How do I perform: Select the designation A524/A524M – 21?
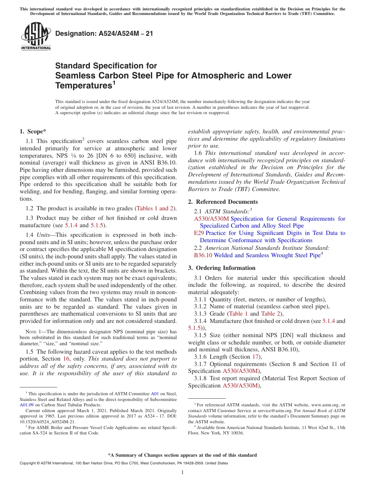[104, 34]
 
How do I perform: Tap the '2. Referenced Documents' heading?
[223, 202]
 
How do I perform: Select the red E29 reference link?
[199, 233]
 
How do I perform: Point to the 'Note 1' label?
[33, 332]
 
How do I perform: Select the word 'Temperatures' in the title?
[83, 85]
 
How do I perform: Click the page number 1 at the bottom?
[182, 472]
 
